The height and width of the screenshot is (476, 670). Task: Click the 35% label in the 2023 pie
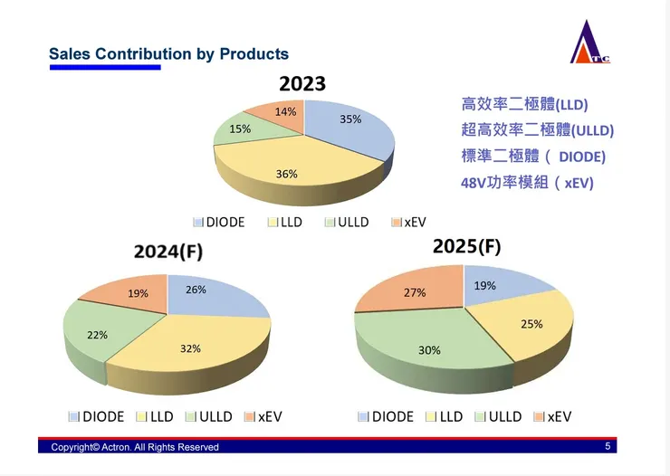tap(350, 119)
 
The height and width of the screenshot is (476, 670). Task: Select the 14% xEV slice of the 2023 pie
tap(284, 113)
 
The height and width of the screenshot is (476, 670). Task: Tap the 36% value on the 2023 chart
tap(287, 174)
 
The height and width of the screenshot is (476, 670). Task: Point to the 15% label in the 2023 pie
tap(240, 129)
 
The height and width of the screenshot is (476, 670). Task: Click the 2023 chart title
tap(302, 84)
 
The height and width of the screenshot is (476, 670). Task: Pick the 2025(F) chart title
tap(466, 245)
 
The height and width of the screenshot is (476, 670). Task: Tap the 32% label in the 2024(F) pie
tap(190, 348)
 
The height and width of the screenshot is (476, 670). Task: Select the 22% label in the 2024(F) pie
tap(97, 335)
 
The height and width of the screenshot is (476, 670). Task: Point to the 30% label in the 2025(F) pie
tap(429, 350)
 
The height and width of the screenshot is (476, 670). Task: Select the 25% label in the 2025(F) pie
tap(531, 323)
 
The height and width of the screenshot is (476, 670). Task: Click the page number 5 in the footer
tap(608, 446)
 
